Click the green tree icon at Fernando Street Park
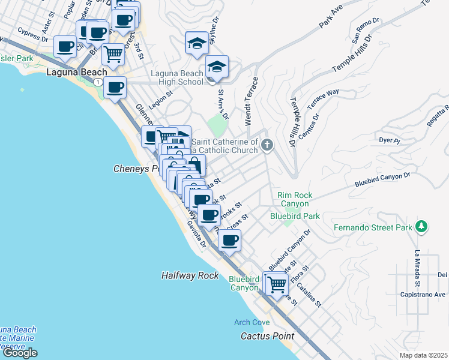pyautogui.click(x=422, y=226)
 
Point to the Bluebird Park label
pyautogui.click(x=294, y=215)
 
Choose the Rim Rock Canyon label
pyautogui.click(x=295, y=199)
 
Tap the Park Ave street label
pyautogui.click(x=335, y=22)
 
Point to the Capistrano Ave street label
pyautogui.click(x=424, y=295)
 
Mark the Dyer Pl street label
pyautogui.click(x=389, y=140)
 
